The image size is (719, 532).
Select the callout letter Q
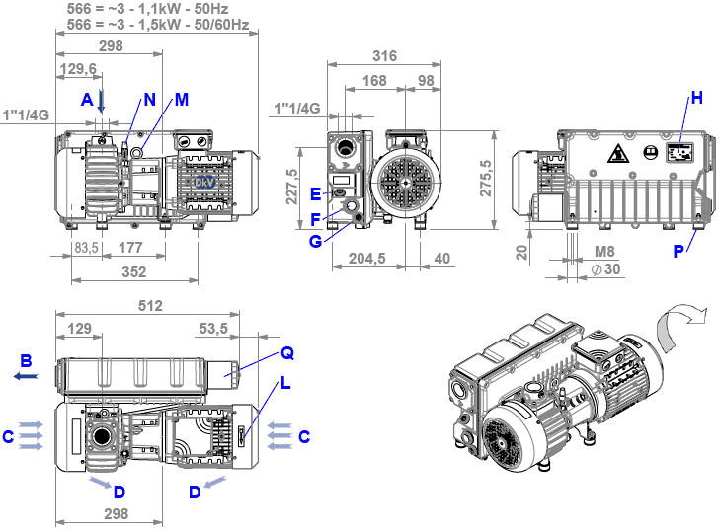286,351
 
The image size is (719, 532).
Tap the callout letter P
679,251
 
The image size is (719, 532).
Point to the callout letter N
149,99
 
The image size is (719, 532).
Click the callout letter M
181,99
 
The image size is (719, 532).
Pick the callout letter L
285,384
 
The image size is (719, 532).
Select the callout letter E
316,192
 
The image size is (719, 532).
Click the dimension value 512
150,307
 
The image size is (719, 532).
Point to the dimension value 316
384,56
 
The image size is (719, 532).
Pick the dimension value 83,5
86,247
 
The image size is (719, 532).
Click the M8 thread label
605,252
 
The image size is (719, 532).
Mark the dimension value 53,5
213,327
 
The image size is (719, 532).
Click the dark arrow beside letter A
101,101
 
